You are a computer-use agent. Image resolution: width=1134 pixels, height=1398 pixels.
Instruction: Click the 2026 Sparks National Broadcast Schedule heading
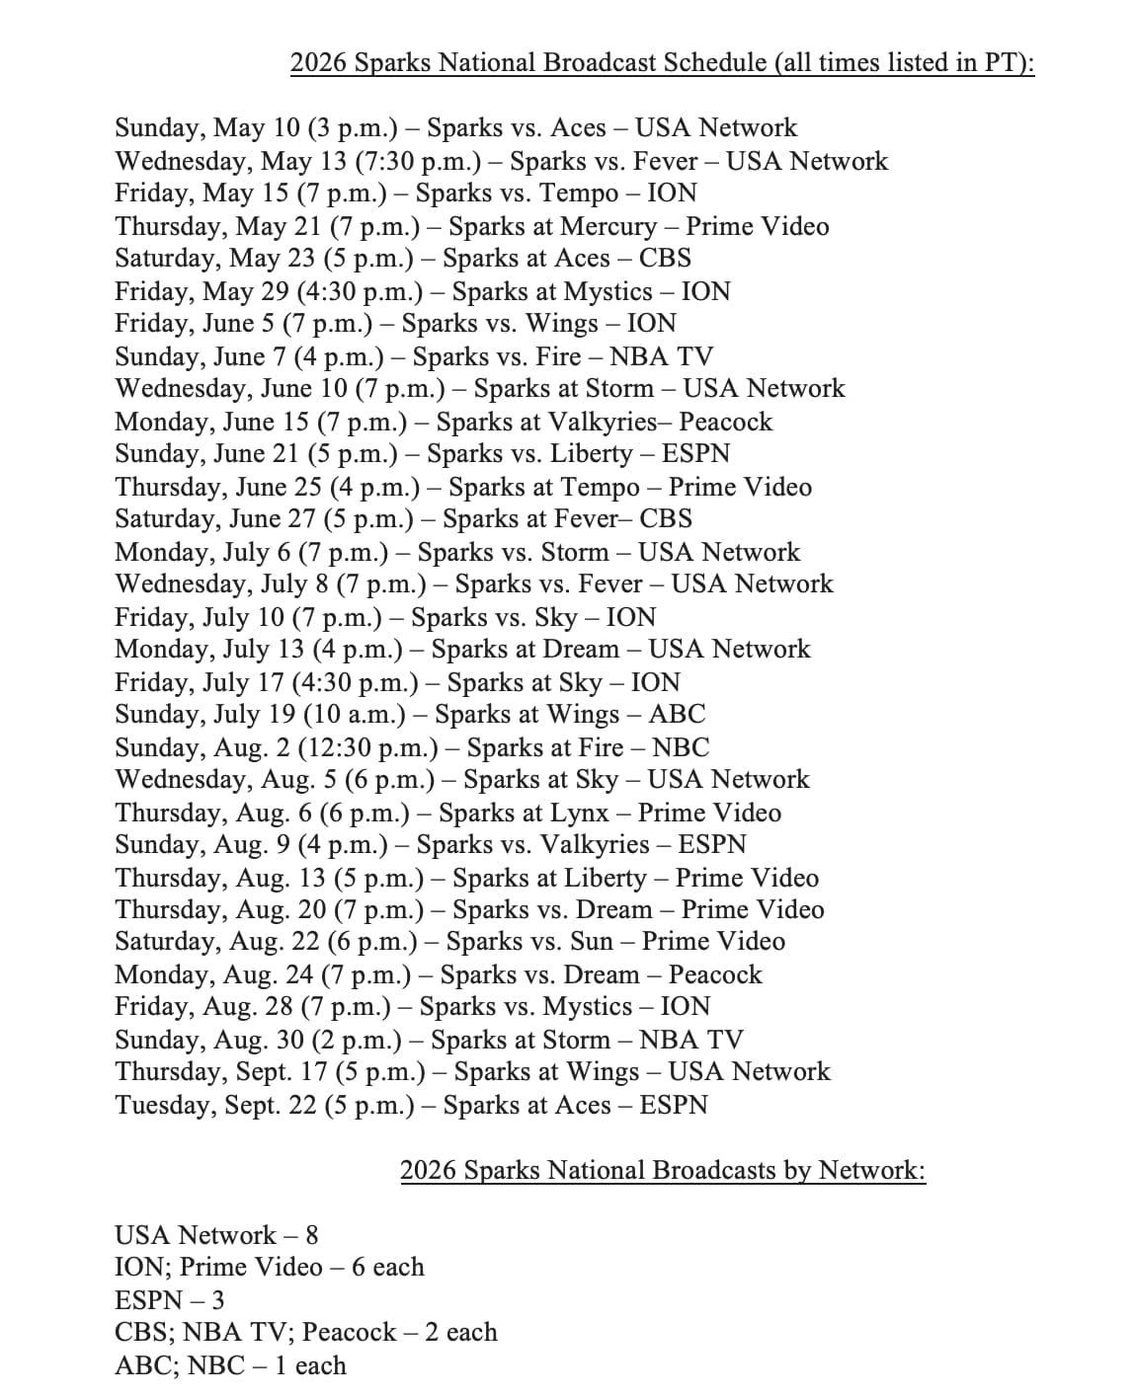click(662, 63)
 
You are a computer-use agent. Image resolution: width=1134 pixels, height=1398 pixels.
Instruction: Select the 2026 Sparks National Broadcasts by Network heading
click(662, 1170)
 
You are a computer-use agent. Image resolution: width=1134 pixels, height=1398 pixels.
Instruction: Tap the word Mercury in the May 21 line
click(607, 226)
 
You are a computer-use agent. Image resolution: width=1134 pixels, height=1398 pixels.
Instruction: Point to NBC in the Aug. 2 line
click(681, 747)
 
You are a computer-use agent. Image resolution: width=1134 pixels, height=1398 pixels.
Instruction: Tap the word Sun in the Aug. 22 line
click(592, 941)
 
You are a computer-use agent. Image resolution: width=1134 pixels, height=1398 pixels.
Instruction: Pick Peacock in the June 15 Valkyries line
click(725, 422)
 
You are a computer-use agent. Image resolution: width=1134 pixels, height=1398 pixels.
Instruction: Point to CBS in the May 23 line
click(665, 258)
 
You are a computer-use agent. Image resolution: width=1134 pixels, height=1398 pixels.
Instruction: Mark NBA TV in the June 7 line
click(661, 356)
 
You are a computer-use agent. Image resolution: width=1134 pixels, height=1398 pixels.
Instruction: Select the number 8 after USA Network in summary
click(311, 1235)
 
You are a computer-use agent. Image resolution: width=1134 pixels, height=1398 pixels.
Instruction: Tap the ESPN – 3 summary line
click(169, 1300)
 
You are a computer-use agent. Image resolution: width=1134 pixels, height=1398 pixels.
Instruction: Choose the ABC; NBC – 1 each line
click(230, 1365)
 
